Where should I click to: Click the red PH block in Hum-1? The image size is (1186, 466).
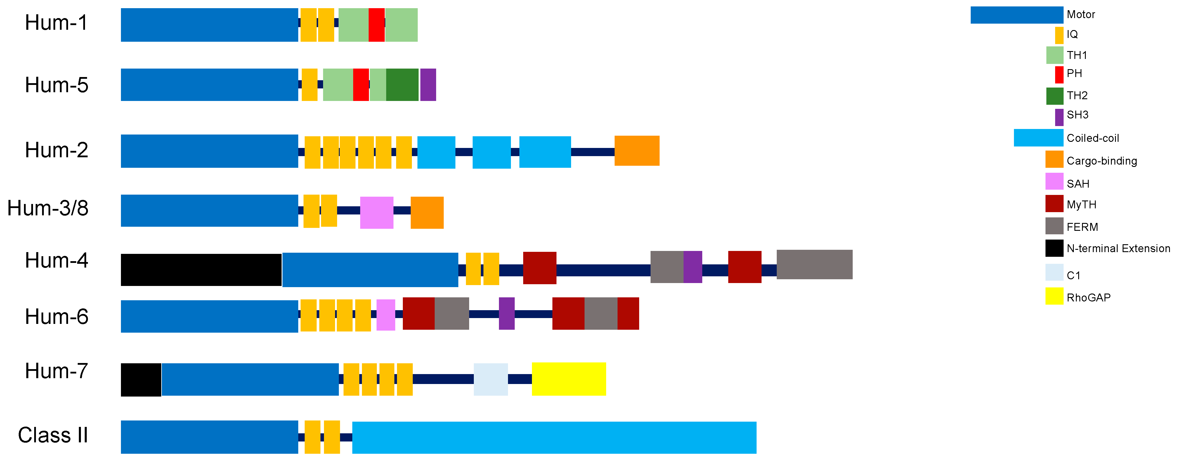pyautogui.click(x=376, y=25)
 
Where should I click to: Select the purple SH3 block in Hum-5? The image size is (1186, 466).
pyautogui.click(x=428, y=85)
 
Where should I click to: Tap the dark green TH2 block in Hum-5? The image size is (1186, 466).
pyautogui.click(x=402, y=85)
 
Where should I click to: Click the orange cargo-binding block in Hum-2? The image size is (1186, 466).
pyautogui.click(x=637, y=151)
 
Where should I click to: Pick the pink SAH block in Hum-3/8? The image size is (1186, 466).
pyautogui.click(x=377, y=212)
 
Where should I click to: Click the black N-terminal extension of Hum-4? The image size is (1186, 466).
pyautogui.click(x=201, y=270)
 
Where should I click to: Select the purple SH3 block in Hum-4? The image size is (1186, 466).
pyautogui.click(x=692, y=267)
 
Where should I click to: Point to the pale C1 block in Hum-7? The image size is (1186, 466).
pyautogui.click(x=490, y=379)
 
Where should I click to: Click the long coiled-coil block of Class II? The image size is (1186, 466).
pyautogui.click(x=554, y=437)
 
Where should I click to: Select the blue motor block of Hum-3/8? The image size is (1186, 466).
pyautogui.click(x=209, y=211)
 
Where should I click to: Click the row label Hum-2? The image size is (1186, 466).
pyautogui.click(x=56, y=150)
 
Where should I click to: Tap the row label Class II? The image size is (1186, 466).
pyautogui.click(x=53, y=435)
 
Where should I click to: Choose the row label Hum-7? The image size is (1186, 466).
pyautogui.click(x=56, y=371)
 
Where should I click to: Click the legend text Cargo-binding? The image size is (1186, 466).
pyautogui.click(x=1101, y=161)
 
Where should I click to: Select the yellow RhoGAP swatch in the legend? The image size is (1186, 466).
pyautogui.click(x=1054, y=296)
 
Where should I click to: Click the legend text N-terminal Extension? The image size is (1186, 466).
pyautogui.click(x=1118, y=248)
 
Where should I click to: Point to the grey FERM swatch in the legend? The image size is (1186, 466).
pyautogui.click(x=1054, y=226)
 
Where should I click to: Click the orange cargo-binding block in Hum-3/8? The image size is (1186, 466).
pyautogui.click(x=427, y=212)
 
